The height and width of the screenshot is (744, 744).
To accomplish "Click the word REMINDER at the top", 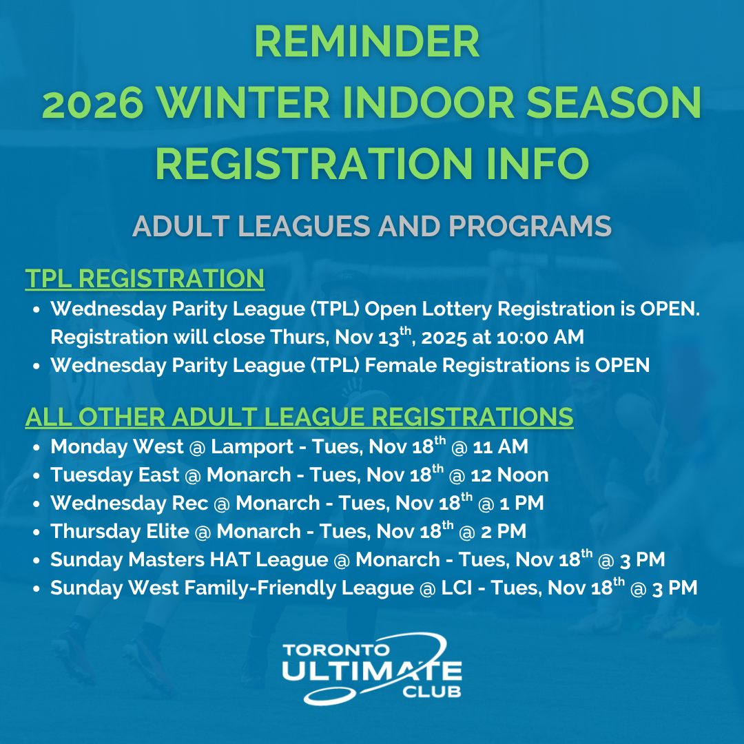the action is pyautogui.click(x=366, y=41).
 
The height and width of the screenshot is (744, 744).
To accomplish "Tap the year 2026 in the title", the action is pyautogui.click(x=93, y=103).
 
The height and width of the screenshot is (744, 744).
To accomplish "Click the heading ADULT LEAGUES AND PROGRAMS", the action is pyautogui.click(x=372, y=226).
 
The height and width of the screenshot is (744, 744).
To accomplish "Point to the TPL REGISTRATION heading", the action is pyautogui.click(x=145, y=278).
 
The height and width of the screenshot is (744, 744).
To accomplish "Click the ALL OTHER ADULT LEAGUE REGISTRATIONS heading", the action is pyautogui.click(x=300, y=417).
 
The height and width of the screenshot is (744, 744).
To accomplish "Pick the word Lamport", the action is pyautogui.click(x=252, y=447).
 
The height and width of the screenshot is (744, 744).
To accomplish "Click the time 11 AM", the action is pyautogui.click(x=501, y=447).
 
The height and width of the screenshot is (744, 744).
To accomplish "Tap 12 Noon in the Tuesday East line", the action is pyautogui.click(x=510, y=475).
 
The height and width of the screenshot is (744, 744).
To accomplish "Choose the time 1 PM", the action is pyautogui.click(x=522, y=504).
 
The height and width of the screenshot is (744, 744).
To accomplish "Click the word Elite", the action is pyautogui.click(x=167, y=531).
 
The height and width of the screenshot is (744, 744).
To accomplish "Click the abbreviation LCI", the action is pyautogui.click(x=457, y=588).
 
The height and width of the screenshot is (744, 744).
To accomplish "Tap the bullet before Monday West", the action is pyautogui.click(x=36, y=448).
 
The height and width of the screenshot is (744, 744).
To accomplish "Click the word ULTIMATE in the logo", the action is pyautogui.click(x=372, y=670).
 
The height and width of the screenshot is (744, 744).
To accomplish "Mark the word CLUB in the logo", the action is pyautogui.click(x=432, y=692).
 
